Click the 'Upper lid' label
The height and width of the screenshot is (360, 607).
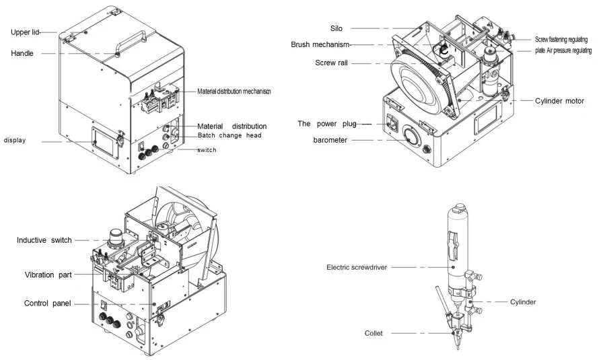[25, 32]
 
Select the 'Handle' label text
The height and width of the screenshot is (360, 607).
[22, 53]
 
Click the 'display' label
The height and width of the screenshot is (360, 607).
[15, 140]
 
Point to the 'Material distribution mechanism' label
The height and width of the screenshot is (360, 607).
[234, 92]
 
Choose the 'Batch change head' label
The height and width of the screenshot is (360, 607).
[229, 135]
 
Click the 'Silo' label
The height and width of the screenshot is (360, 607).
[336, 28]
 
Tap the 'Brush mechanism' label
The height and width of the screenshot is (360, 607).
[320, 44]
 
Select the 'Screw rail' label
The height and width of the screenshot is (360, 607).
[331, 63]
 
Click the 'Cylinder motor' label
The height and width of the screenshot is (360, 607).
[559, 101]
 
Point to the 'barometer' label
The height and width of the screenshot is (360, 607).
[330, 140]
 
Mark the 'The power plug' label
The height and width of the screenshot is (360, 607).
[327, 124]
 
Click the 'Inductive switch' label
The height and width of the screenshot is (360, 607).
[44, 240]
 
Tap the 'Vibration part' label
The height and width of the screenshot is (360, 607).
[48, 275]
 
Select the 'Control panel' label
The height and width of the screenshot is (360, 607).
[48, 303]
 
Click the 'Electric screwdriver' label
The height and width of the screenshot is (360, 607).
[357, 268]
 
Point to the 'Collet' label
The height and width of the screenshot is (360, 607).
[373, 333]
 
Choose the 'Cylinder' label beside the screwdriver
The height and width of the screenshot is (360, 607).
[523, 302]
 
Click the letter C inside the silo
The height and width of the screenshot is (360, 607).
[444, 50]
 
